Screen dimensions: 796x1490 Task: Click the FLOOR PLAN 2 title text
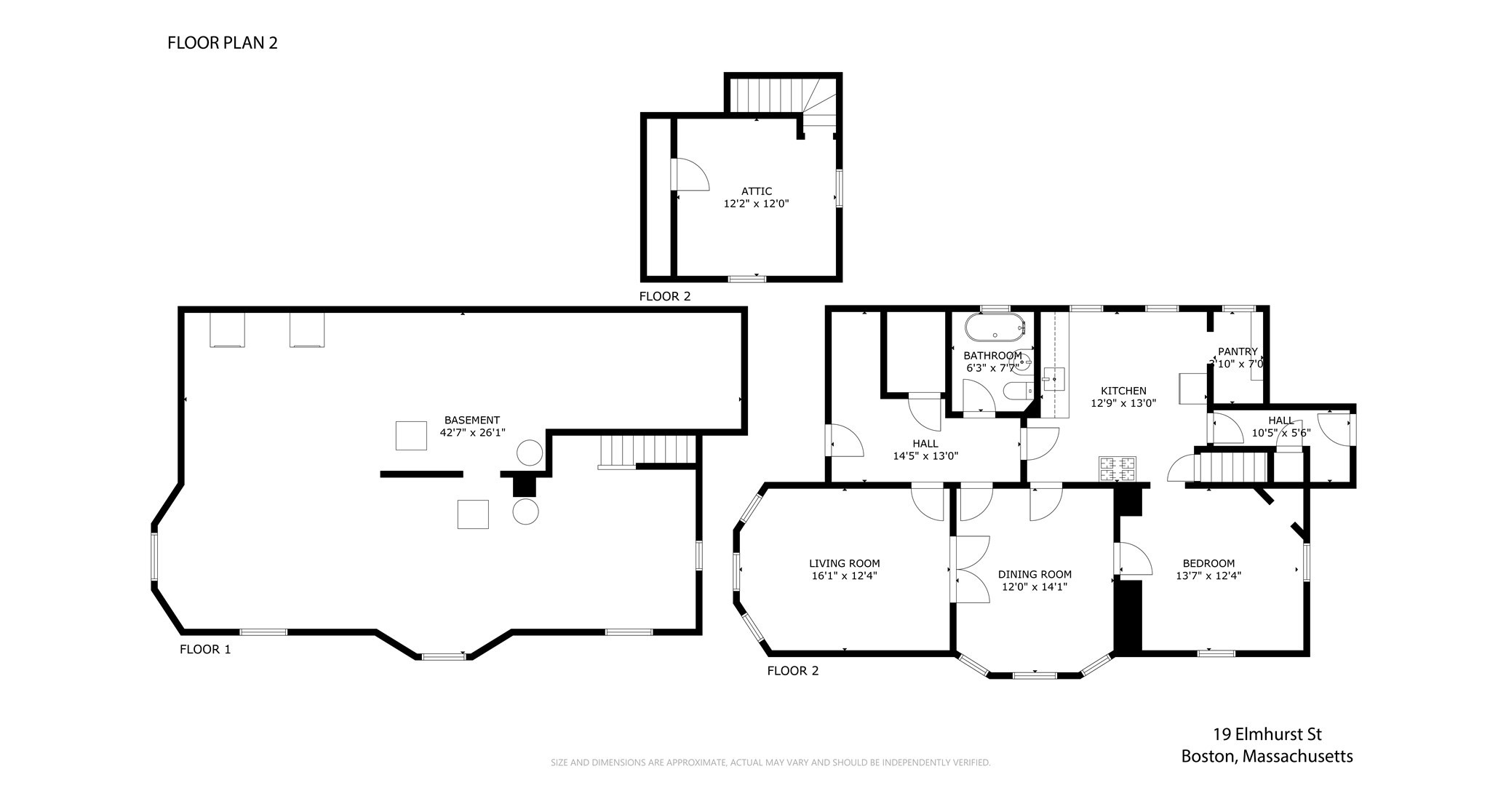pyautogui.click(x=222, y=43)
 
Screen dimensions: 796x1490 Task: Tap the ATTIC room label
pyautogui.click(x=757, y=191)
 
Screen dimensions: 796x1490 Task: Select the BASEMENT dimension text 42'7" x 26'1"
pyautogui.click(x=472, y=432)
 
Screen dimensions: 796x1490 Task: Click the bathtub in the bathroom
pyautogui.click(x=995, y=327)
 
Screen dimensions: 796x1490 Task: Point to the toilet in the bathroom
pyautogui.click(x=1017, y=392)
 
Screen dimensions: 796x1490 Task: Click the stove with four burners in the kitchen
pyautogui.click(x=1117, y=469)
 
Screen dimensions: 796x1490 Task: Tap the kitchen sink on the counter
pyautogui.click(x=1054, y=379)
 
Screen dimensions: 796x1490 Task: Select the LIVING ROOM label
pyautogui.click(x=844, y=563)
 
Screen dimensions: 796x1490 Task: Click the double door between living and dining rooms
pyautogui.click(x=970, y=569)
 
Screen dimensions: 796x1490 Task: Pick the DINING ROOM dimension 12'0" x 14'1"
pyautogui.click(x=1035, y=586)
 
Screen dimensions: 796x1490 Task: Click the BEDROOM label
pyautogui.click(x=1208, y=563)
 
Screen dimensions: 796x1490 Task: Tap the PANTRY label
pyautogui.click(x=1238, y=351)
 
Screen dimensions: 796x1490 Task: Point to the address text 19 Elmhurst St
pyautogui.click(x=1266, y=734)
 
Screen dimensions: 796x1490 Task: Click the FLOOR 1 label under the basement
pyautogui.click(x=205, y=650)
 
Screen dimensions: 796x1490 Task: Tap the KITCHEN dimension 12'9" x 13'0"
pyautogui.click(x=1123, y=402)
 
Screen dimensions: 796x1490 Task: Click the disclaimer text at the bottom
pyautogui.click(x=770, y=763)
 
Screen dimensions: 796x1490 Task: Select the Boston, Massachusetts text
pyautogui.click(x=1266, y=757)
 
